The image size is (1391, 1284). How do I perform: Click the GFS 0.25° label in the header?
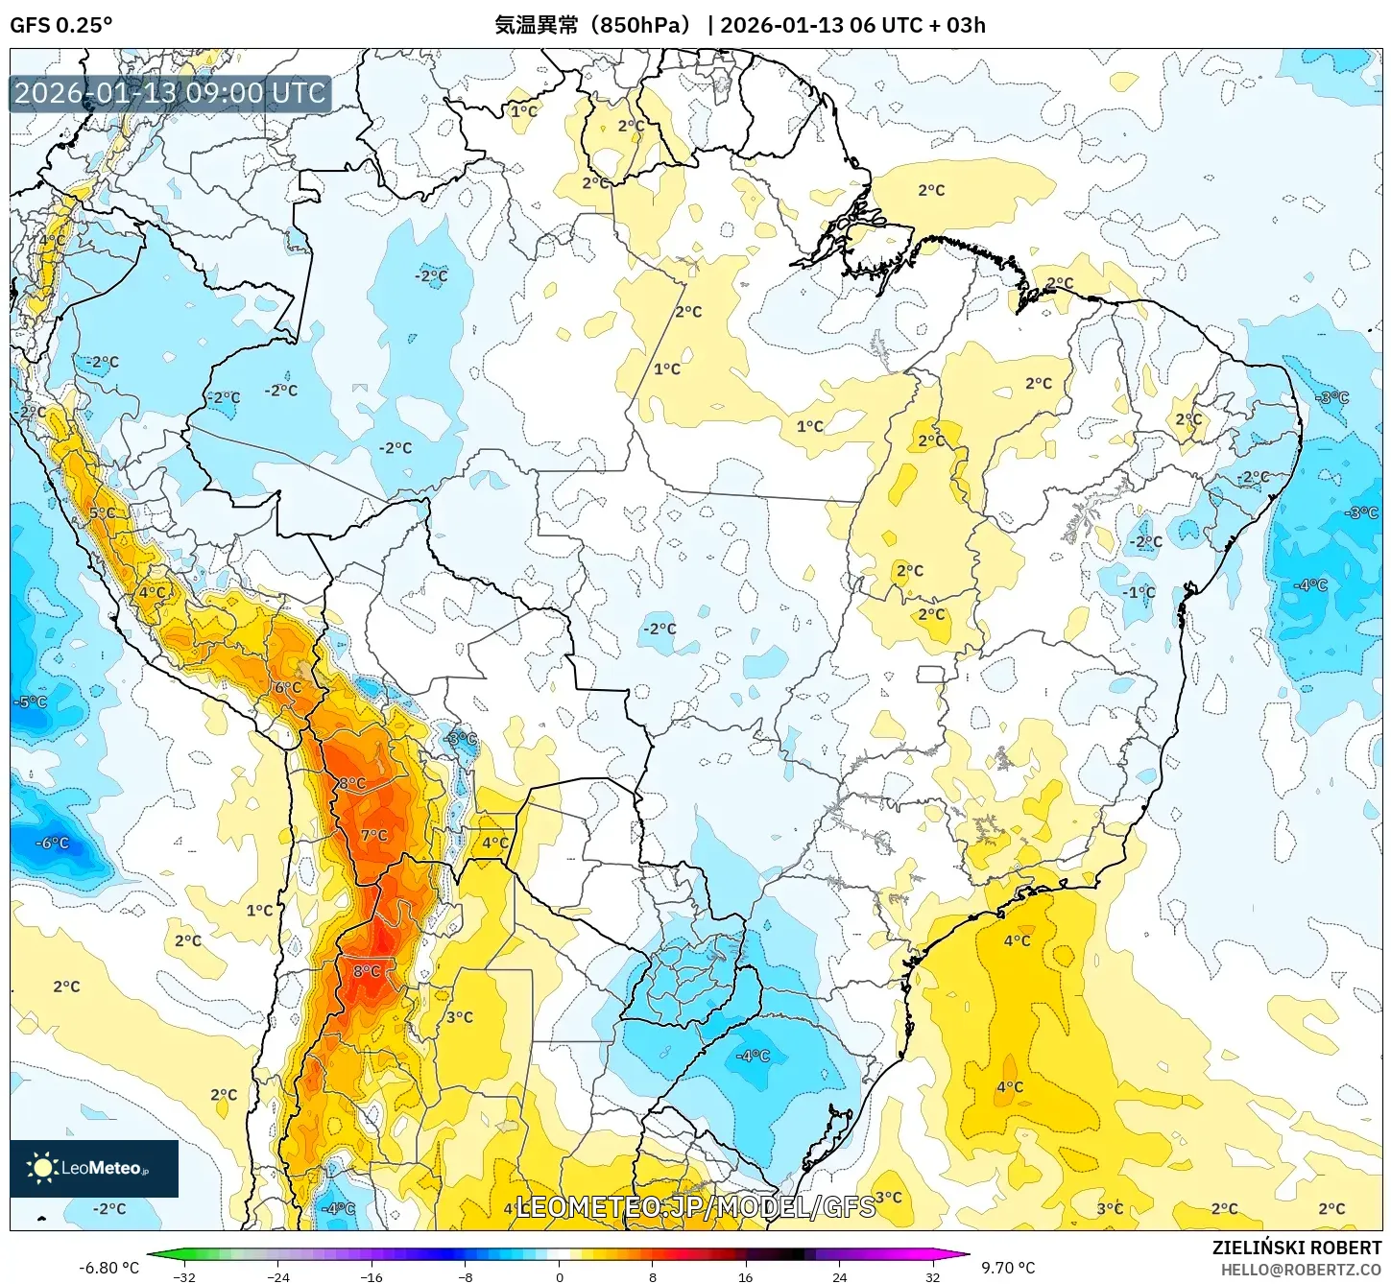[x=60, y=25]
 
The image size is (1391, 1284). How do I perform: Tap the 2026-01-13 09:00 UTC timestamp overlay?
[x=170, y=93]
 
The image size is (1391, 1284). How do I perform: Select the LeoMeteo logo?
[x=93, y=1168]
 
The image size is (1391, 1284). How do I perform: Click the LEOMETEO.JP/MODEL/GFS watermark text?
[x=695, y=1206]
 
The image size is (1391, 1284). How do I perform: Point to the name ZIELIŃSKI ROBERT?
[x=1296, y=1248]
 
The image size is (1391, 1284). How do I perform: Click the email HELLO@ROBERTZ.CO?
[x=1301, y=1270]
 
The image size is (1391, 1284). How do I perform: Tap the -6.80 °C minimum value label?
[x=108, y=1268]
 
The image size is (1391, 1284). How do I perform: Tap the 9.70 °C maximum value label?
[x=1008, y=1268]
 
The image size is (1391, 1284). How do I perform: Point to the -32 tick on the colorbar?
[x=183, y=1276]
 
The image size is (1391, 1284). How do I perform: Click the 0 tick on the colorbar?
[x=559, y=1276]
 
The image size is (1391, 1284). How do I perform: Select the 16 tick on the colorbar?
[x=745, y=1276]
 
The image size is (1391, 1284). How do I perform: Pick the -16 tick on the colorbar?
[x=371, y=1276]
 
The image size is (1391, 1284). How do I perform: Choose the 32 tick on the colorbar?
[x=932, y=1276]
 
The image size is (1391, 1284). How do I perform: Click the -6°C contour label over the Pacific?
[x=53, y=843]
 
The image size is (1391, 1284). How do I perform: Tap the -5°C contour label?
[x=30, y=701]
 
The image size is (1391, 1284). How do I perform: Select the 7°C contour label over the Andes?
[x=374, y=835]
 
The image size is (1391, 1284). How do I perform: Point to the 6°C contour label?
[x=288, y=687]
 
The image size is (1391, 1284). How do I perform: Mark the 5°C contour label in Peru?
[x=102, y=513]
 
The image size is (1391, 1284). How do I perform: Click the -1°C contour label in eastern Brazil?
[x=1139, y=592]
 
